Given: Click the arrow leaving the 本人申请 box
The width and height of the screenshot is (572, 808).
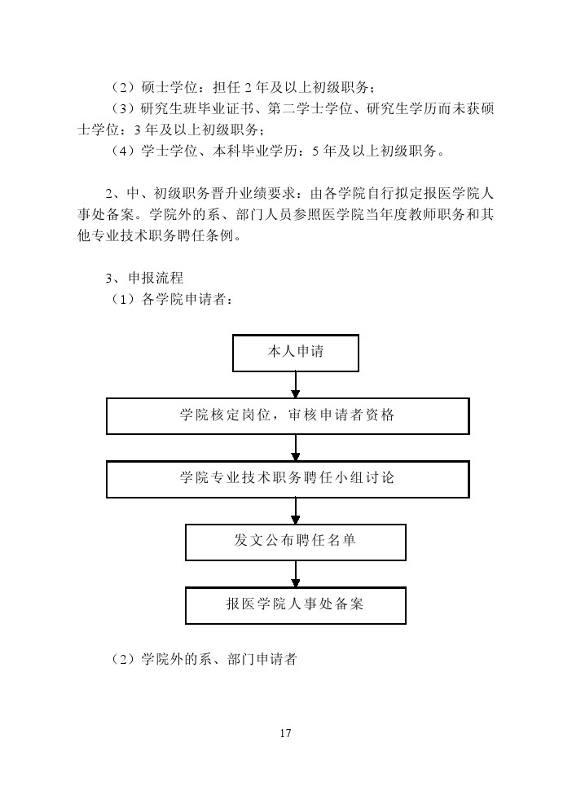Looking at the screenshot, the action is [295, 384].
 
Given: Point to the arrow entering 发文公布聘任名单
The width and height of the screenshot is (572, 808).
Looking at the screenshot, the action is [295, 511].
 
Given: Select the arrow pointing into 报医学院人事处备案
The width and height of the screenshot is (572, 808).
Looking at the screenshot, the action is [295, 573].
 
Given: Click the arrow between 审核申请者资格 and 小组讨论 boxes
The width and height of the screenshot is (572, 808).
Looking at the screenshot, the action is [295, 448].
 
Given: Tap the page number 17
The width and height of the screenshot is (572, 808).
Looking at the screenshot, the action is [285, 733].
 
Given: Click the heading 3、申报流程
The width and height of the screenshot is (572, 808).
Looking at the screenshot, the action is [144, 279].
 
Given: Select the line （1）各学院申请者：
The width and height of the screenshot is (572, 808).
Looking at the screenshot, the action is [171, 299].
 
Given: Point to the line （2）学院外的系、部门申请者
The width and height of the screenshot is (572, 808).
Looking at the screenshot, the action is [204, 659].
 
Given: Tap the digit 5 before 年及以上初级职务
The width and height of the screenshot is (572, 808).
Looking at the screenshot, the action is [315, 151].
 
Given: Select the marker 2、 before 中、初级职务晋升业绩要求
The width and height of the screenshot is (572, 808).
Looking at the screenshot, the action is [116, 194].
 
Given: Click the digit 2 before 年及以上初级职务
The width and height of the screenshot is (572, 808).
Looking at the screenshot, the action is [248, 88].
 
